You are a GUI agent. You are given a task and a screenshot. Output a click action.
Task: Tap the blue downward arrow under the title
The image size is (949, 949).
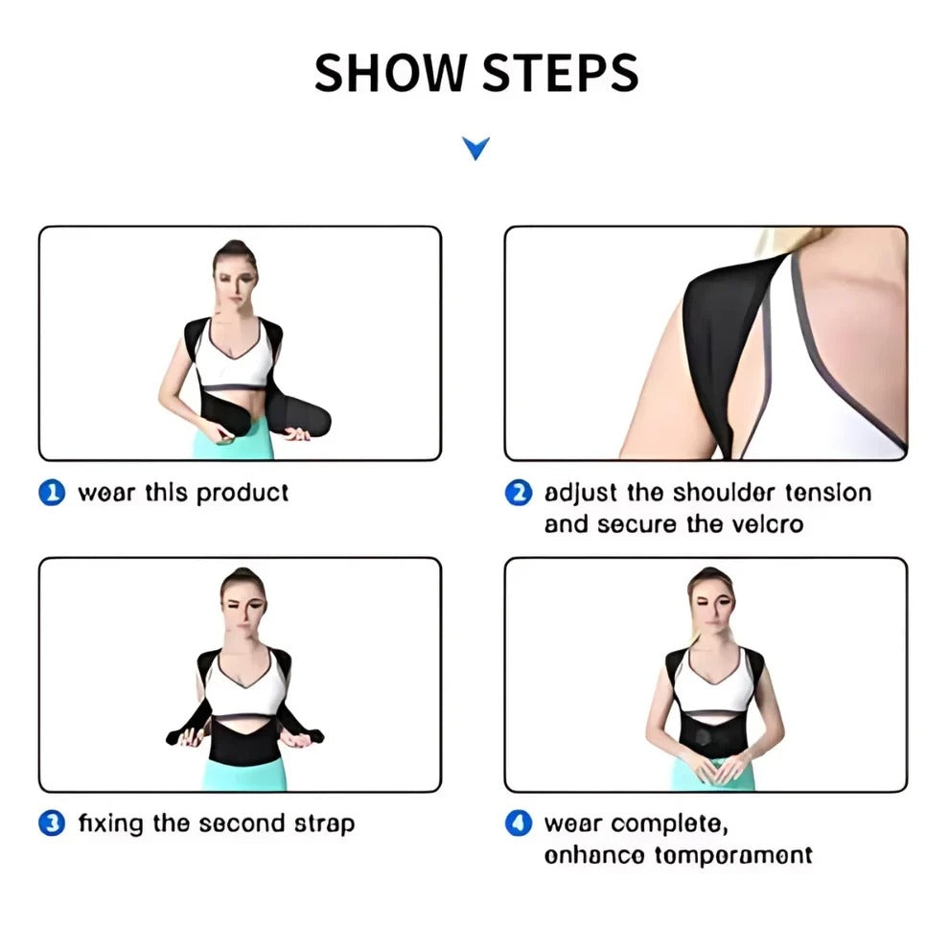coord(475,148)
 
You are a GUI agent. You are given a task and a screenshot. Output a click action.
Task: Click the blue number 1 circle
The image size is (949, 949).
coord(52,493)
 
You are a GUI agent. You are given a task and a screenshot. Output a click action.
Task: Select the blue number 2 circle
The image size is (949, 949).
coord(518,493)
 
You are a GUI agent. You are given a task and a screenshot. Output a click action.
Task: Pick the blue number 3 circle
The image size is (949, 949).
coord(52,822)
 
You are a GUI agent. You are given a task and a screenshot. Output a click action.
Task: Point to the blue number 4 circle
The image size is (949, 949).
coord(518,822)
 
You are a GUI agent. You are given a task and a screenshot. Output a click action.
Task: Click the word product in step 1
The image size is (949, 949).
coord(242,494)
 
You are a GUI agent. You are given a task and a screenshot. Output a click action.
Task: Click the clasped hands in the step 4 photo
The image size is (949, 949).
coord(710,767)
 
